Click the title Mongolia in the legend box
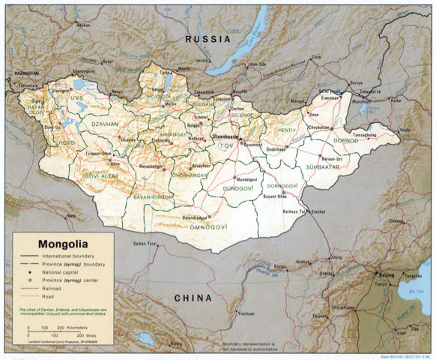(x=54, y=244)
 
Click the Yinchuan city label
(x=246, y=313)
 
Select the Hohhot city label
(x=302, y=262)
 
